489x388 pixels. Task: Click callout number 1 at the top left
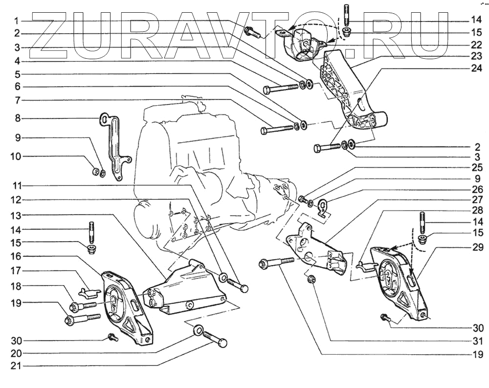click(16, 21)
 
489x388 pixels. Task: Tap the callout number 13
click(16, 215)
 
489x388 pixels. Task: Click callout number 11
click(16, 186)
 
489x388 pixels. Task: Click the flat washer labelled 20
click(199, 331)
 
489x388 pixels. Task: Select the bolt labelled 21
click(216, 339)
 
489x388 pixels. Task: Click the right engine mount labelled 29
click(397, 281)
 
